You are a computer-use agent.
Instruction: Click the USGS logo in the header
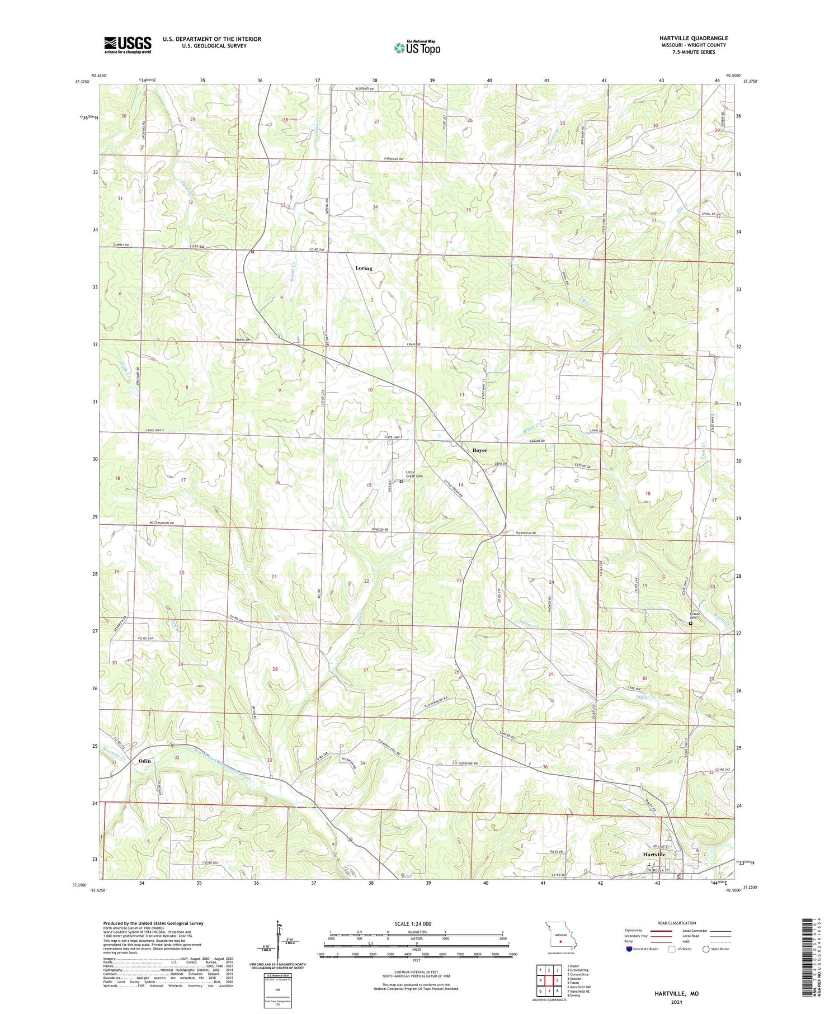(x=128, y=45)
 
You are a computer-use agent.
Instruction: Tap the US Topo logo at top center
(x=417, y=48)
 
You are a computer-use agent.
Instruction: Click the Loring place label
(x=364, y=268)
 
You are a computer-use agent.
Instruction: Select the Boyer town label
(x=479, y=450)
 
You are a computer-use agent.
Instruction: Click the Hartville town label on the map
(x=653, y=855)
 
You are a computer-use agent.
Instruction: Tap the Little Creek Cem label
(x=414, y=474)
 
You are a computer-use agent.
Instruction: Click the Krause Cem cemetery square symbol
(x=690, y=623)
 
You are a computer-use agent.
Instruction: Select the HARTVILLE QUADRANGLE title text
(x=694, y=38)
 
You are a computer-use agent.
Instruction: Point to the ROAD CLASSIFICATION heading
(x=677, y=923)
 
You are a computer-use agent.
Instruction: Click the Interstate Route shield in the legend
(x=630, y=949)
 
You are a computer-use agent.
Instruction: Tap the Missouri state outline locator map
(x=559, y=938)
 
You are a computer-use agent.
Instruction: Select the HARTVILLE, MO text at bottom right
(x=677, y=993)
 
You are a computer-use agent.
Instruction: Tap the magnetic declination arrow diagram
(x=278, y=944)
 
